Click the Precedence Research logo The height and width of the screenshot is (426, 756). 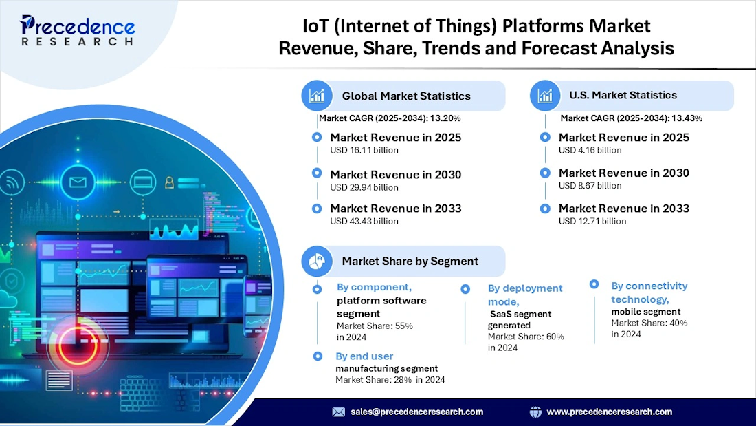point(77,31)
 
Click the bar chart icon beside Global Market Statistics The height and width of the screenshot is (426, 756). point(317,96)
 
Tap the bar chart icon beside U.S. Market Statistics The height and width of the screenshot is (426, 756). point(545,96)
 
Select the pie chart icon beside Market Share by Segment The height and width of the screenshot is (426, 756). point(317,261)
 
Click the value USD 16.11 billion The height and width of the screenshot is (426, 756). point(364,150)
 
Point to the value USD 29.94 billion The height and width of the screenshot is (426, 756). point(364,187)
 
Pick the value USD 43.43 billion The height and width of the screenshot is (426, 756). point(364,221)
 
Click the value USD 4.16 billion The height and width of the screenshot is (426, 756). point(590,150)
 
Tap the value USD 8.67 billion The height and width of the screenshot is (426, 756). point(590,186)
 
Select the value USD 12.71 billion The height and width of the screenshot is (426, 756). point(592,221)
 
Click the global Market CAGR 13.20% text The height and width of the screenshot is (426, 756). point(389,118)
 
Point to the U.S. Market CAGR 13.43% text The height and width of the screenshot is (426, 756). point(631,118)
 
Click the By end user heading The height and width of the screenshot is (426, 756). point(364,356)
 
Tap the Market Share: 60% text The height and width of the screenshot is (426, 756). point(526,337)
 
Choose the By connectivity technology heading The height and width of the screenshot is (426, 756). point(649,292)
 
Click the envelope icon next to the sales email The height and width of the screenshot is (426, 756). point(339,412)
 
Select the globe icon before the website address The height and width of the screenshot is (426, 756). point(535,412)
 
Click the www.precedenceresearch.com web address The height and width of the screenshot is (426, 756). point(609,412)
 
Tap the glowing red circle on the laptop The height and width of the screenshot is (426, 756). point(74,345)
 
